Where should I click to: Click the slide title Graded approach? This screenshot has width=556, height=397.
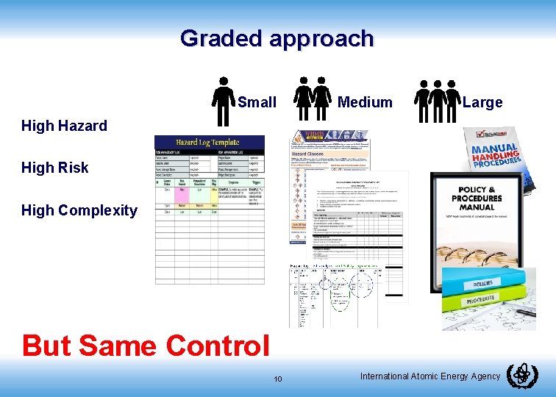[x=277, y=38]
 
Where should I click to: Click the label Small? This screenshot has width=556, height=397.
[x=257, y=102]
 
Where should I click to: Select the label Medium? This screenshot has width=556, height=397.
[x=364, y=102]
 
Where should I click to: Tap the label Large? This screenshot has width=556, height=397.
[x=482, y=102]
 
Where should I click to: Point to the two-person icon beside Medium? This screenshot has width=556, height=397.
[x=312, y=99]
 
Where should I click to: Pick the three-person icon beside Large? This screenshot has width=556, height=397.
[x=437, y=101]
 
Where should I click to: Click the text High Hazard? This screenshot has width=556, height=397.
[x=64, y=126]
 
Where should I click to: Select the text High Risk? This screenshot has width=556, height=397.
[x=54, y=168]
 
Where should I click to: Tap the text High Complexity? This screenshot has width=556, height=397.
[x=79, y=210]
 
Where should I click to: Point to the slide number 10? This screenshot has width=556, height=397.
[x=278, y=379]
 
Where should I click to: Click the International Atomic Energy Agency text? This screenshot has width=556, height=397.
[x=430, y=376]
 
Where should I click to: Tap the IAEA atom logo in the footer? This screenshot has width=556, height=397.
[x=522, y=376]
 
